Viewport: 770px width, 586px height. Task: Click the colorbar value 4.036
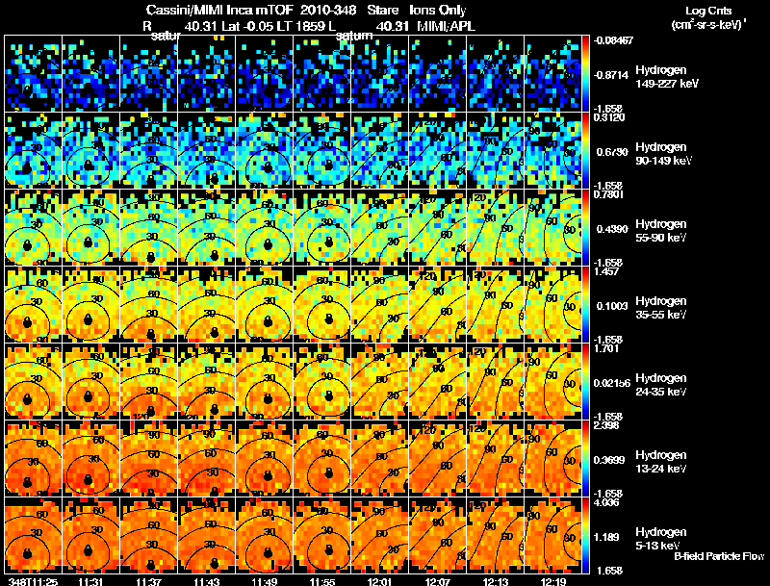[605, 502]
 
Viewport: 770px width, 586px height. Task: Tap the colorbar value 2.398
[605, 425]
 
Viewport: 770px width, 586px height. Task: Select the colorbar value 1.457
[605, 272]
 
